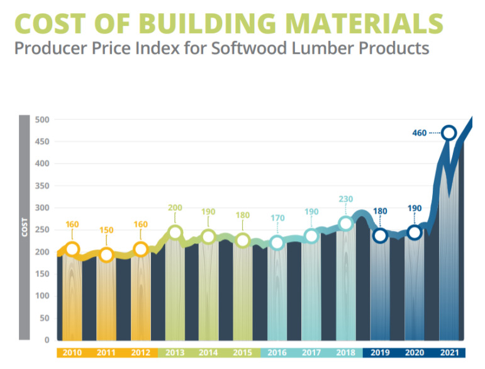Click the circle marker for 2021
[449, 133]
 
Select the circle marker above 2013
[175, 233]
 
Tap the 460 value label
[420, 133]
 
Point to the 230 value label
[345, 199]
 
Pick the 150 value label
[106, 230]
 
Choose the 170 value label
[277, 219]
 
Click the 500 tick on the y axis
[43, 120]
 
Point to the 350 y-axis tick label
[43, 186]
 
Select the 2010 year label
[72, 353]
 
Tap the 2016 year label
[277, 353]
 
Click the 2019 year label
[379, 353]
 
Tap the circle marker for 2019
[379, 236]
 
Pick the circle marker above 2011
[106, 254]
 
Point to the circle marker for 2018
[345, 224]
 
